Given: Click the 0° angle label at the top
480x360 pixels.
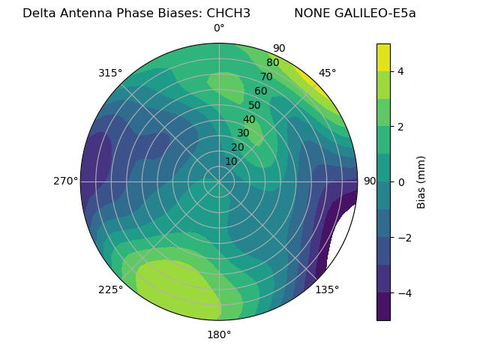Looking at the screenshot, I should [x=219, y=28].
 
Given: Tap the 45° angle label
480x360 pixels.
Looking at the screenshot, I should [x=327, y=73].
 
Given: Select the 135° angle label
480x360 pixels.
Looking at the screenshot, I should [x=327, y=289].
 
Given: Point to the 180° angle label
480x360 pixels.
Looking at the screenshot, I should [x=219, y=334].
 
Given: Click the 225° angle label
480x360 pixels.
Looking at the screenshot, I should [x=110, y=289].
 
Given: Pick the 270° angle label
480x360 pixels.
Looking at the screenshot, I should [x=66, y=181].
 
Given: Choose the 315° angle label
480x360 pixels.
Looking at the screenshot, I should [x=110, y=73].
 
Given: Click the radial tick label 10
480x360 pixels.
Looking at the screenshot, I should [x=231, y=161].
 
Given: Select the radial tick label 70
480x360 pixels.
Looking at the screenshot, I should [x=266, y=77].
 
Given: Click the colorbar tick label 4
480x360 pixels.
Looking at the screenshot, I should [x=401, y=71].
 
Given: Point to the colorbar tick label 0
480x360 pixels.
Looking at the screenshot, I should [x=401, y=182].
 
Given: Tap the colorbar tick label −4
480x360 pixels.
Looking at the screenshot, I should [x=403, y=293].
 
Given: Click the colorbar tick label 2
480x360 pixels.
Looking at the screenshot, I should [x=401, y=127].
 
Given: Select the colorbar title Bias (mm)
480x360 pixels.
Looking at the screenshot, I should [x=421, y=182].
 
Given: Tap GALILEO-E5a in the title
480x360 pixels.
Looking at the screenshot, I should [x=376, y=13].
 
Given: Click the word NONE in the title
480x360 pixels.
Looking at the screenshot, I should [x=311, y=13].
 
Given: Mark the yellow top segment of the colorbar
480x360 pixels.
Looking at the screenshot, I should [x=383, y=57].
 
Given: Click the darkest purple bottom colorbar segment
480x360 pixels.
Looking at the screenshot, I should [x=383, y=307].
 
